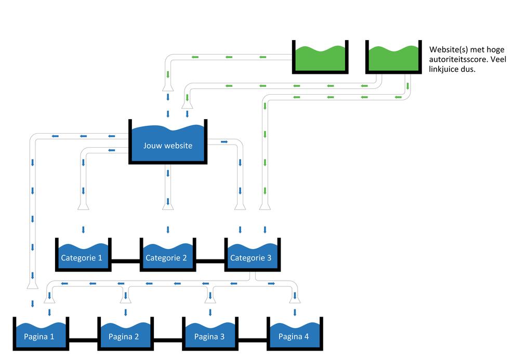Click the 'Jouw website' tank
(x=168, y=143)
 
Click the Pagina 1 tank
(x=41, y=334)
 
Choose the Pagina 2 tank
(x=125, y=334)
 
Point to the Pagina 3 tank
(x=210, y=334)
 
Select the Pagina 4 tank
(x=294, y=334)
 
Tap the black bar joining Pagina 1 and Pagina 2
(x=83, y=341)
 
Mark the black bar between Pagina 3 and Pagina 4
(x=252, y=341)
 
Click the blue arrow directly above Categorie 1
(x=83, y=230)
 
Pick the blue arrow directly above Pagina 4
(x=294, y=312)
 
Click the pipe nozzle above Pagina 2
(x=125, y=298)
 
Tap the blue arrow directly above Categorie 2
(x=167, y=230)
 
